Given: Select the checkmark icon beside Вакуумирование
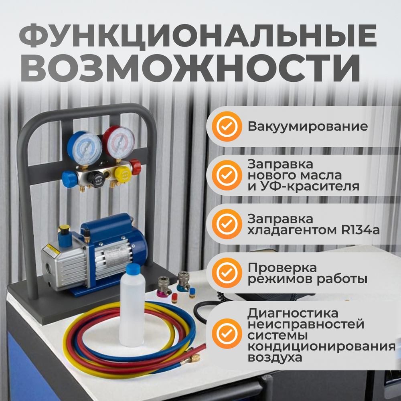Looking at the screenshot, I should coord(227,127).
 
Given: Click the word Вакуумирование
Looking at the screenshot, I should coord(308,127).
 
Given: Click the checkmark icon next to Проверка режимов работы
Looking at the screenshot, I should coord(227,273).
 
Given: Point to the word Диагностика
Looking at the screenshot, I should coord(293,313).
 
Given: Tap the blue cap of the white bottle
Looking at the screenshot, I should coord(133,269).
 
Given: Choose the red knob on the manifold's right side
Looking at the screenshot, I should coord(136,167).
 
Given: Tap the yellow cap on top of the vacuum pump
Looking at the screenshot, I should coord(64,230).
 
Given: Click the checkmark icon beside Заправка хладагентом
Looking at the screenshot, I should coord(227,225).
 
